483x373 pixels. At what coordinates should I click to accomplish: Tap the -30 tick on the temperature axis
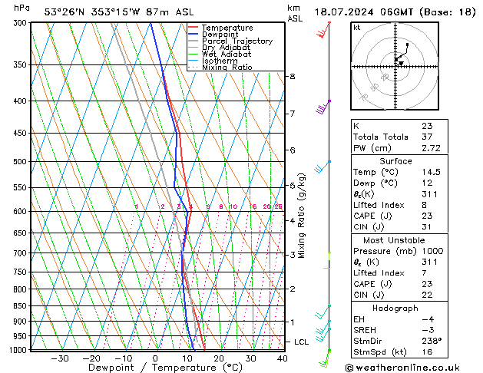point(59,358)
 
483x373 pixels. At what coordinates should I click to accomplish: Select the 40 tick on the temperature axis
point(283,358)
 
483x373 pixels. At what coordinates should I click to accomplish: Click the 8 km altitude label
point(292,77)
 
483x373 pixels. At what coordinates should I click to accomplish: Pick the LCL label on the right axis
point(303,342)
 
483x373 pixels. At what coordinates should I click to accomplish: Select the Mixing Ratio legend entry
point(227,68)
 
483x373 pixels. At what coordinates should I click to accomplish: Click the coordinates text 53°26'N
point(65,12)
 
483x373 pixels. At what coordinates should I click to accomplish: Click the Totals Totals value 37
point(427,137)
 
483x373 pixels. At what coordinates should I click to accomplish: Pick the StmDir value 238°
point(432,341)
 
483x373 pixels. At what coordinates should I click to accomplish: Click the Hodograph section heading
point(395,308)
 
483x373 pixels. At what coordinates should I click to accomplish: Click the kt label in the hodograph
point(357,28)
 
